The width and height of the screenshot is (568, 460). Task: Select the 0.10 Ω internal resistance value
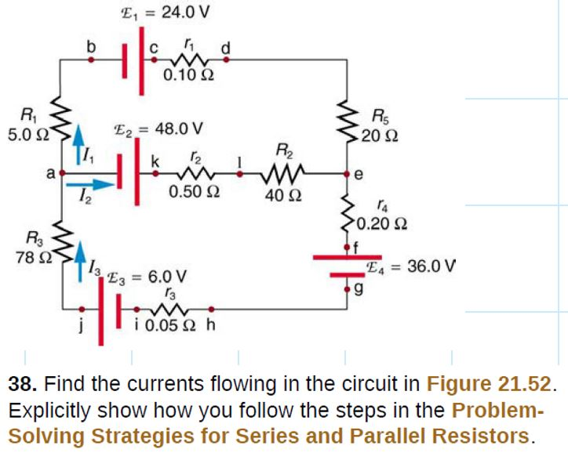[188, 75]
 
